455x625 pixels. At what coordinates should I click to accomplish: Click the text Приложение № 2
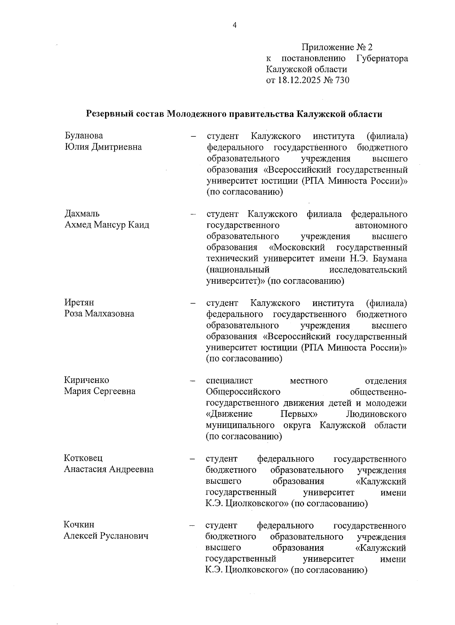coord(337,47)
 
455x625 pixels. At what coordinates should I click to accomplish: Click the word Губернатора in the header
coord(382,58)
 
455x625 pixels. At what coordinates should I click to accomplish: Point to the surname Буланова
coord(83,136)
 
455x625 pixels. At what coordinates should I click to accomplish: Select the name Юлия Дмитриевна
coord(103,147)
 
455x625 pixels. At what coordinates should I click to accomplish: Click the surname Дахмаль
coord(82,214)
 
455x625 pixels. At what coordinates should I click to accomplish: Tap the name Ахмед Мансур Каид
coord(107,225)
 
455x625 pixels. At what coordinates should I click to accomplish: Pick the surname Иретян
coord(79,303)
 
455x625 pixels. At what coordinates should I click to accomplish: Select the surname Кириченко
coord(86,380)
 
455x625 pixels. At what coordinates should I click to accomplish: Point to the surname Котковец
coord(83,458)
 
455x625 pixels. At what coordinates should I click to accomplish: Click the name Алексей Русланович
coord(106,536)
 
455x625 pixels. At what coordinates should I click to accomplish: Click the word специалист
coord(229,381)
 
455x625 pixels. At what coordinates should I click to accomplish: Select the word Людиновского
coord(377,414)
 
